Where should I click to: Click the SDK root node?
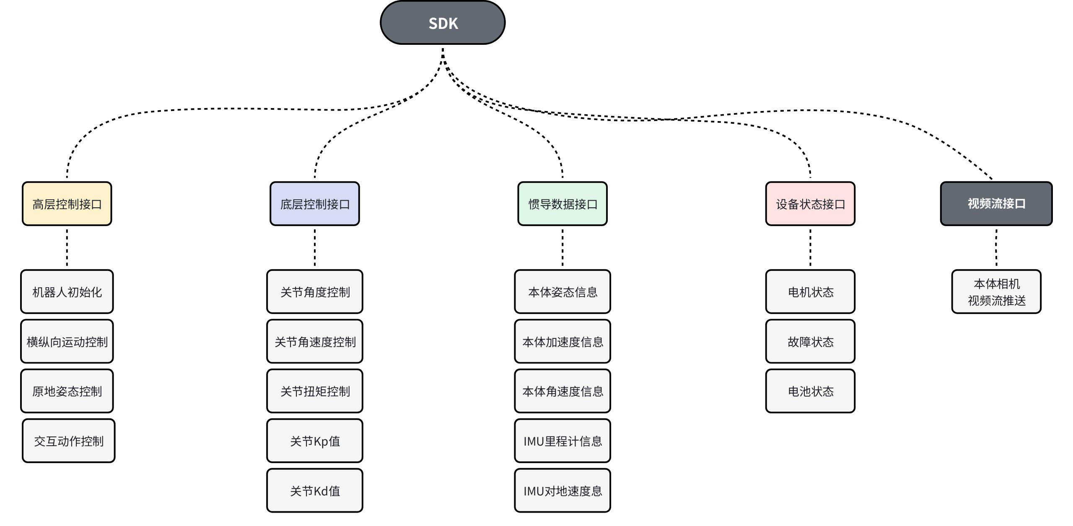point(443,23)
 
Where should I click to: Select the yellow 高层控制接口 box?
point(67,204)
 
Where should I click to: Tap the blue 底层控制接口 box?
point(315,204)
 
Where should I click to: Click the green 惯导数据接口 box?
point(562,204)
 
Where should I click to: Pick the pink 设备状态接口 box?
point(810,204)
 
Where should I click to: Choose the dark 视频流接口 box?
point(996,204)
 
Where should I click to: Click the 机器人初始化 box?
point(67,292)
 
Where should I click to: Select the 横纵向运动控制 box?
point(67,342)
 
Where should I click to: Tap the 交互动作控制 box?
point(69,441)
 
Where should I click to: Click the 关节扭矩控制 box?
point(315,391)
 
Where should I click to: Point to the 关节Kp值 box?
point(315,441)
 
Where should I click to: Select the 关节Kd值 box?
point(315,490)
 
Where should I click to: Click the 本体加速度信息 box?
point(562,342)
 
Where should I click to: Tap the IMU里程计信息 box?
point(562,441)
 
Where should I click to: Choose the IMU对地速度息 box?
point(562,490)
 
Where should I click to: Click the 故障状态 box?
point(810,342)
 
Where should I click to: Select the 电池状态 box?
point(810,391)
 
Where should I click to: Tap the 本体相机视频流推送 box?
point(996,292)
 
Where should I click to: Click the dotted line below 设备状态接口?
point(810,248)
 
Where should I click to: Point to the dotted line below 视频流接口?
point(996,248)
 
